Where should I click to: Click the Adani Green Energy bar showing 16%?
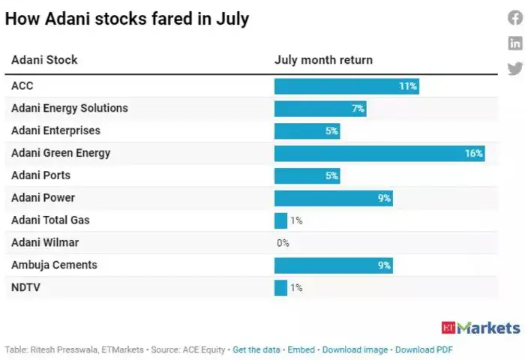click(x=379, y=153)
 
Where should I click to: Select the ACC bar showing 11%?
click(x=346, y=85)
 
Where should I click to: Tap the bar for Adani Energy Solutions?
click(x=320, y=108)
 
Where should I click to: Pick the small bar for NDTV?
click(x=280, y=287)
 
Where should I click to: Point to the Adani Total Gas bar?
click(x=280, y=220)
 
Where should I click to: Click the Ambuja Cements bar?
click(x=333, y=265)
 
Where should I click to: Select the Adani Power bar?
click(x=333, y=198)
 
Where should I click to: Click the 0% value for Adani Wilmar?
click(x=283, y=243)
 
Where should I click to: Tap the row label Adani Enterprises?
click(x=55, y=130)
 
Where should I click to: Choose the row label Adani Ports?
click(x=40, y=175)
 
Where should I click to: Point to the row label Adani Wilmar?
click(x=45, y=243)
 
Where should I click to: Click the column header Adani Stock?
click(x=44, y=60)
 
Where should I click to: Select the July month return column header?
click(x=323, y=60)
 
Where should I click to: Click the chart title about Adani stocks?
click(x=127, y=19)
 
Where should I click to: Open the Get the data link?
click(x=256, y=349)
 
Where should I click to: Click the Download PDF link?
click(x=424, y=349)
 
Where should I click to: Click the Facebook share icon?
click(x=515, y=19)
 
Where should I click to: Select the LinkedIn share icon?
click(x=515, y=43)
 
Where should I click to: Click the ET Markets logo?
click(x=481, y=328)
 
